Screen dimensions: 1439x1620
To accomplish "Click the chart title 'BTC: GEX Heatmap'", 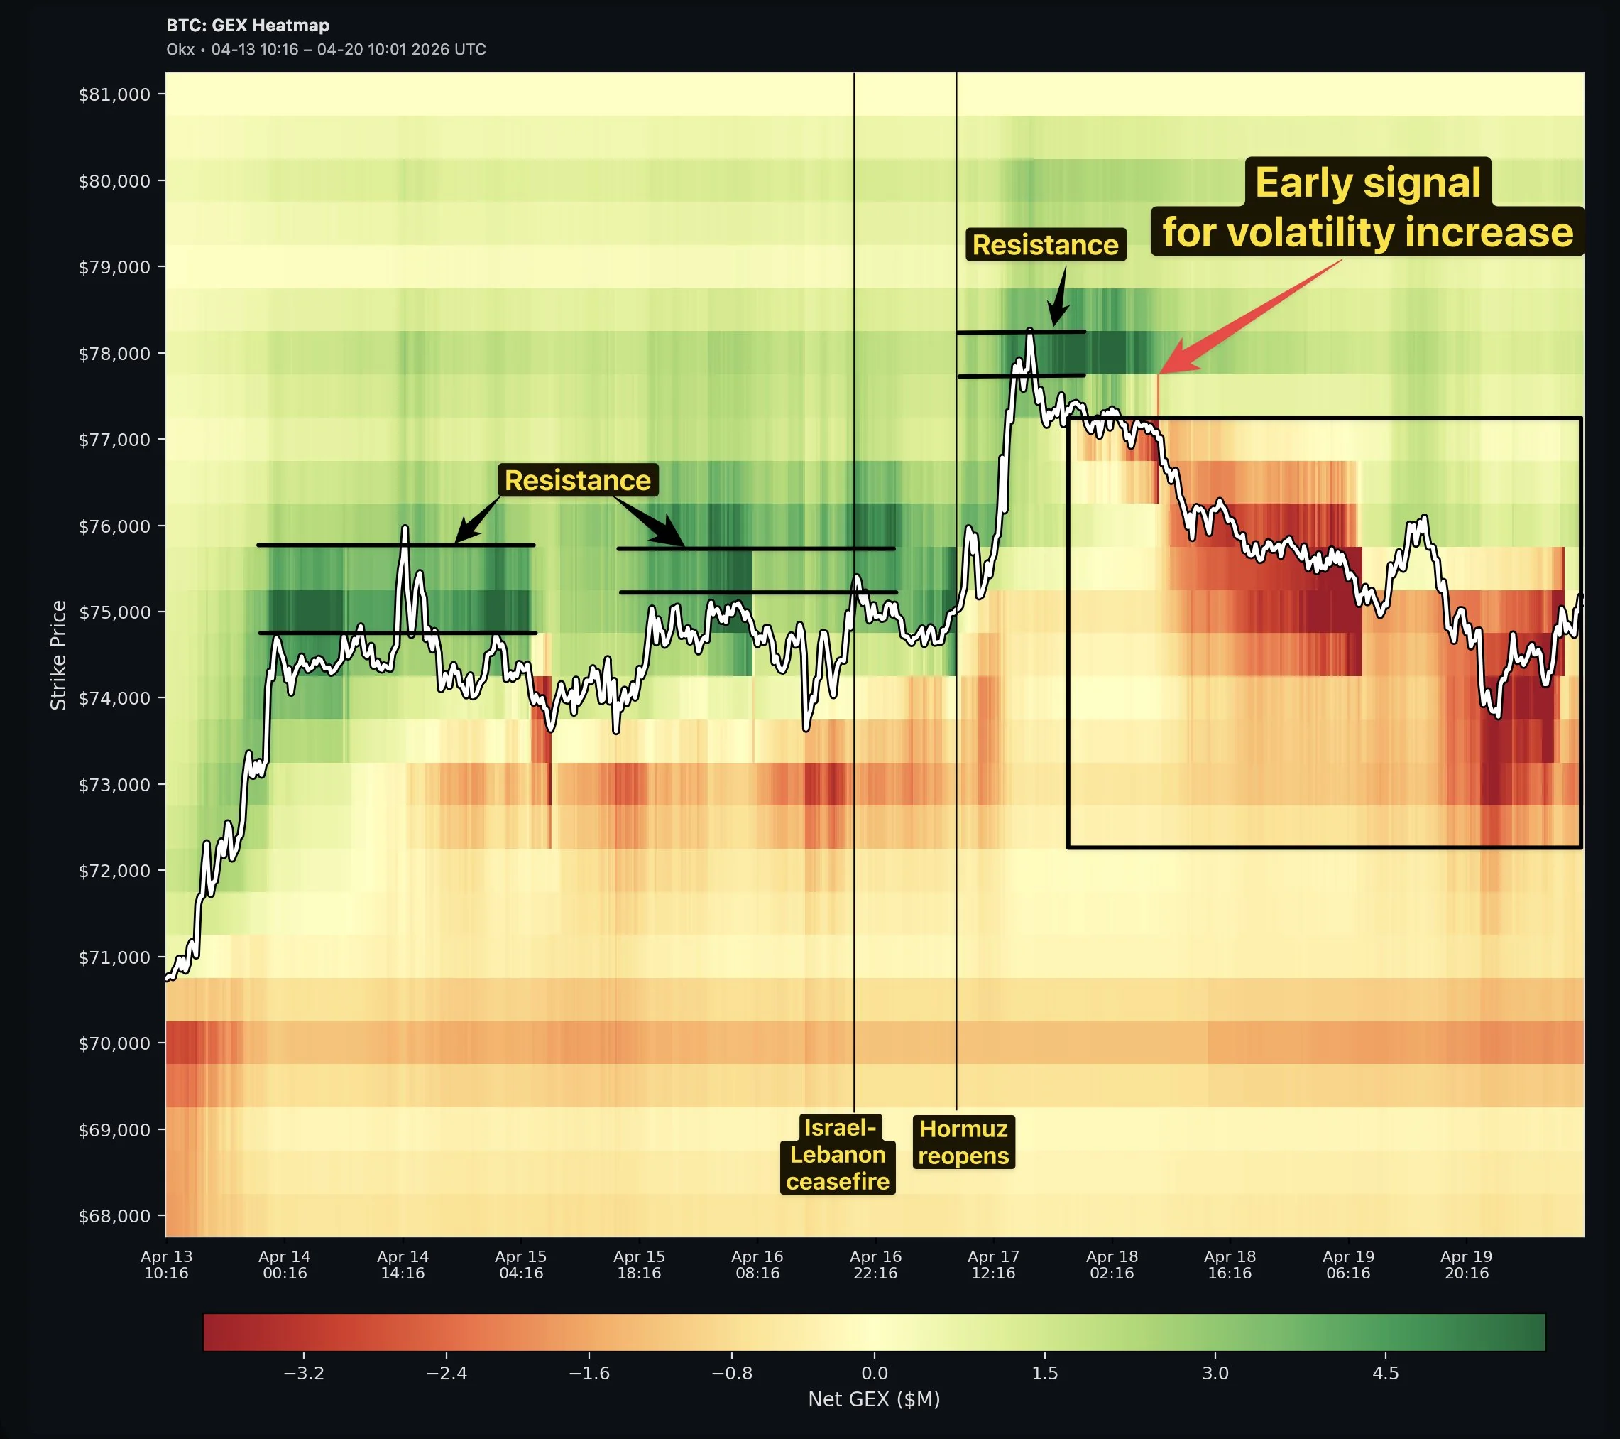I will pos(247,26).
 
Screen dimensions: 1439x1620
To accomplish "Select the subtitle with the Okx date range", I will pos(326,49).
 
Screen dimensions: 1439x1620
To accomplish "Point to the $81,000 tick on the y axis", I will pos(114,95).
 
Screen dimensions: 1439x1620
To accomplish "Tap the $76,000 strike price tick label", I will pos(114,526).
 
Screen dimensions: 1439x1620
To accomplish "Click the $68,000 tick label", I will pos(114,1216).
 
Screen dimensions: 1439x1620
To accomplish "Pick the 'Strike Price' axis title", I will pos(59,655).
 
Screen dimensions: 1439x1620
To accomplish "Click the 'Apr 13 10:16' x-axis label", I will pos(166,1264).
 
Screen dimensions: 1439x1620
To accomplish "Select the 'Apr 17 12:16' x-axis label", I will pos(993,1264).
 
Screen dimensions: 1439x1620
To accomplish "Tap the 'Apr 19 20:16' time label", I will pos(1466,1264).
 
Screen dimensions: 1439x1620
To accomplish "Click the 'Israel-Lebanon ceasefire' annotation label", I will pos(838,1154).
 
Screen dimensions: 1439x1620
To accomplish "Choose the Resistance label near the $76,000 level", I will pos(578,480).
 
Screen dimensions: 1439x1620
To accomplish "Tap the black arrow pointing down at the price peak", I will pos(1057,313).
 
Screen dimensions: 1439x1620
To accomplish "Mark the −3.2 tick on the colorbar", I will pos(305,1373).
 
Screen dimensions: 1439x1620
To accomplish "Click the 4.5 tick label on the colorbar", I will pos(1386,1373).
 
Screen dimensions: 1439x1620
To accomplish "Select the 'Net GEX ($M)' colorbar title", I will pos(874,1399).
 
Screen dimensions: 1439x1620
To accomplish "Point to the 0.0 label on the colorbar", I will pos(874,1373).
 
